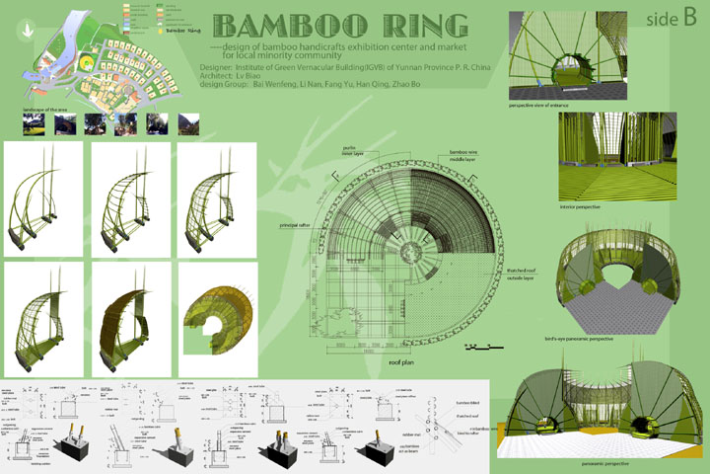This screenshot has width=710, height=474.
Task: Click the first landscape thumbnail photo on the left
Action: tap(33, 122)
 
